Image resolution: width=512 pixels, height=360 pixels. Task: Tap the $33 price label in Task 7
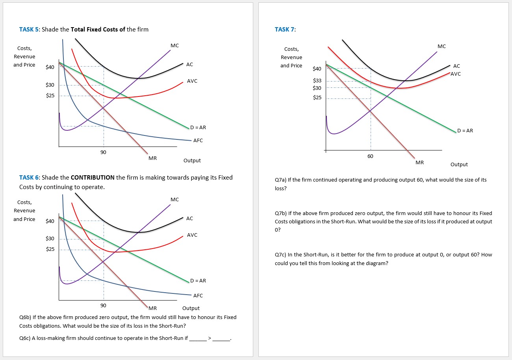(317, 80)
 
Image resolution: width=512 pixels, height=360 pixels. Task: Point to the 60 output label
(370, 156)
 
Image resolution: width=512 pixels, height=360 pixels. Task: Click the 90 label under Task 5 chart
(103, 152)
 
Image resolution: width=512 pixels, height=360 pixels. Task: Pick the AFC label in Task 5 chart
(198, 140)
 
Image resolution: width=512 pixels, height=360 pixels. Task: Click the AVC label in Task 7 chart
(455, 74)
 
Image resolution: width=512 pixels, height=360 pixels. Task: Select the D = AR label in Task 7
(465, 130)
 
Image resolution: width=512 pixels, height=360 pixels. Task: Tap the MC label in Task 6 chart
(175, 199)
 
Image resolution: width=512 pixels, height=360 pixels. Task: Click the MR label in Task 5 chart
(152, 158)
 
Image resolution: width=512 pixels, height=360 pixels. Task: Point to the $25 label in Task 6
(50, 249)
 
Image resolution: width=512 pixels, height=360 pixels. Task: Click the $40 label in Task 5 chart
(50, 67)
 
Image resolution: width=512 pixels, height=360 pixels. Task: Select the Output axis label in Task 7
(459, 164)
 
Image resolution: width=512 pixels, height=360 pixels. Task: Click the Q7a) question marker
(280, 180)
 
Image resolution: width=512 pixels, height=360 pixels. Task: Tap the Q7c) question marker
(280, 254)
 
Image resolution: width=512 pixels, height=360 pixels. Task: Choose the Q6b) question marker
(25, 317)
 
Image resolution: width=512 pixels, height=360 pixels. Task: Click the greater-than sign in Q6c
(210, 338)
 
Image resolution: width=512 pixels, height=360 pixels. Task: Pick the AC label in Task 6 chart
(189, 218)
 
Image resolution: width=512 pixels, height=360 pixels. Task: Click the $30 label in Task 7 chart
(317, 87)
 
